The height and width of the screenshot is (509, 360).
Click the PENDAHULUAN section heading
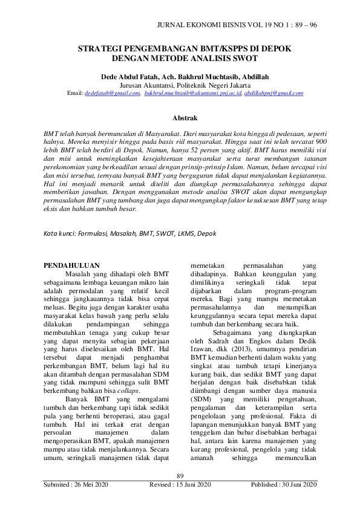(73, 265)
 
